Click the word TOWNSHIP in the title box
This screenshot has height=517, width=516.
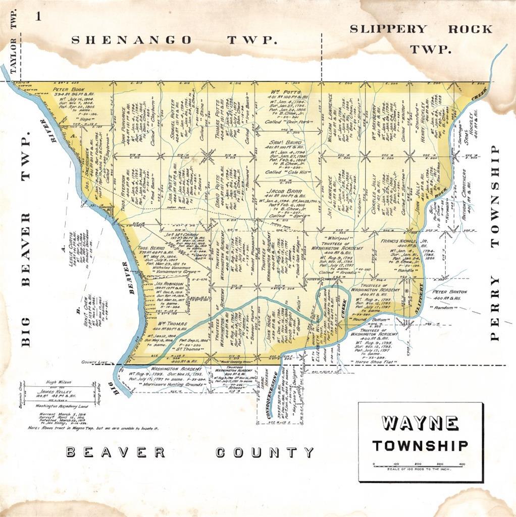click(x=420, y=446)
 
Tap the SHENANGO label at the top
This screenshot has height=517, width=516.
click(x=131, y=40)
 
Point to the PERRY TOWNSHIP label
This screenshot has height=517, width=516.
click(x=495, y=242)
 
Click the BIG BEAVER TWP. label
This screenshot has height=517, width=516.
click(x=26, y=237)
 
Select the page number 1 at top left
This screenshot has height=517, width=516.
click(x=37, y=17)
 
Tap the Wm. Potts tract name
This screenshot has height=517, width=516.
click(x=285, y=92)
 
